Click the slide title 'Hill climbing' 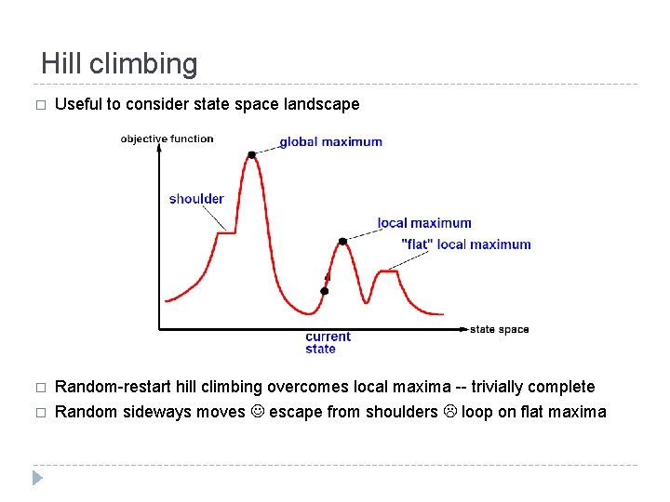[119, 64]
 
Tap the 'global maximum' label [330, 142]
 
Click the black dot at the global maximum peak [251, 154]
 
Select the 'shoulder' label [196, 198]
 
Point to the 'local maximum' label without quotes [424, 223]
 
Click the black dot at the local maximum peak [342, 241]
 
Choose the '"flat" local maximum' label [465, 244]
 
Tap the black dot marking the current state [324, 291]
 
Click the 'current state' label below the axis [328, 342]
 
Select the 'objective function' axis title [167, 139]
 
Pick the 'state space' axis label [499, 329]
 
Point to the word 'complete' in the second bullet [561, 387]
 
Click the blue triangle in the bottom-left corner [36, 479]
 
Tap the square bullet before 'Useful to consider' [38, 105]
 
